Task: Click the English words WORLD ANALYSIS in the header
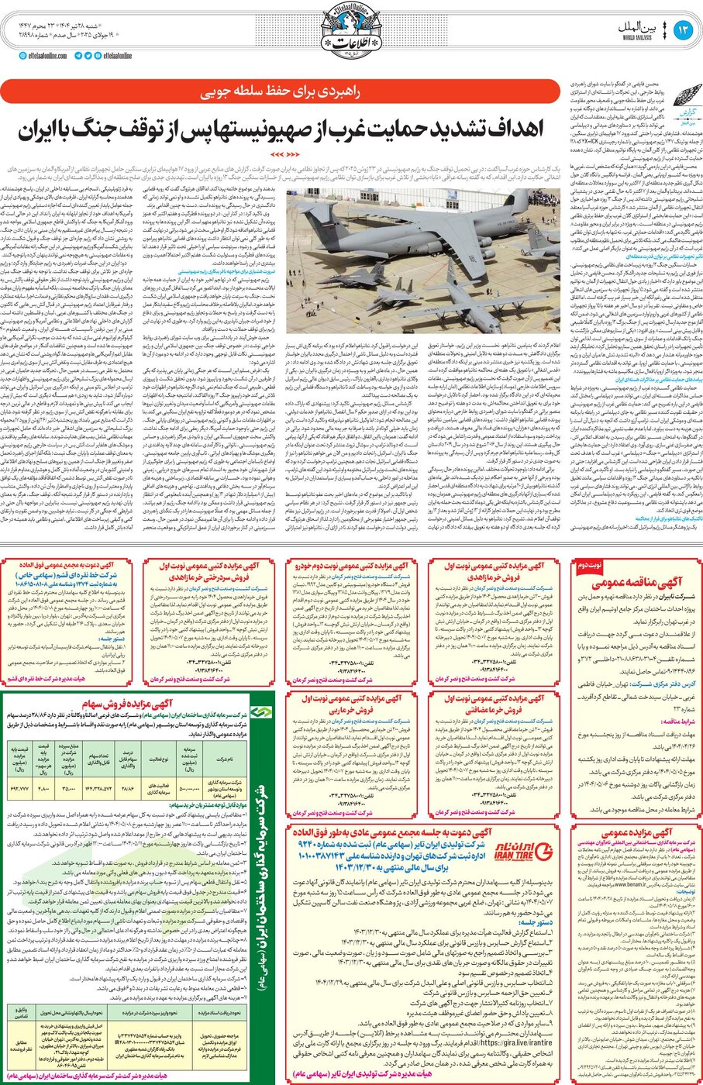click(636, 36)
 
